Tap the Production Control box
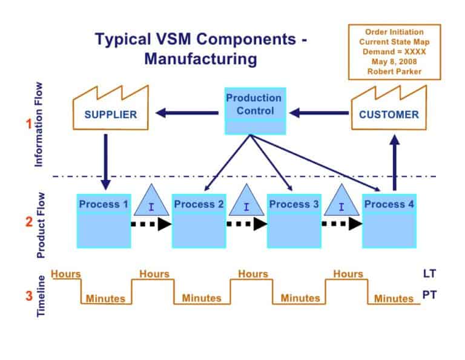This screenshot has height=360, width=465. (x=255, y=111)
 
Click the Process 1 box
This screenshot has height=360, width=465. (x=104, y=221)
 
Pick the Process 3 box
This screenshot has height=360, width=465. (x=294, y=221)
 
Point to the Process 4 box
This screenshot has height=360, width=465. (x=389, y=221)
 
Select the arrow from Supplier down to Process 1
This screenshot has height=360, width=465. (x=106, y=161)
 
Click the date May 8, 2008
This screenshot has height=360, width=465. (x=394, y=61)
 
